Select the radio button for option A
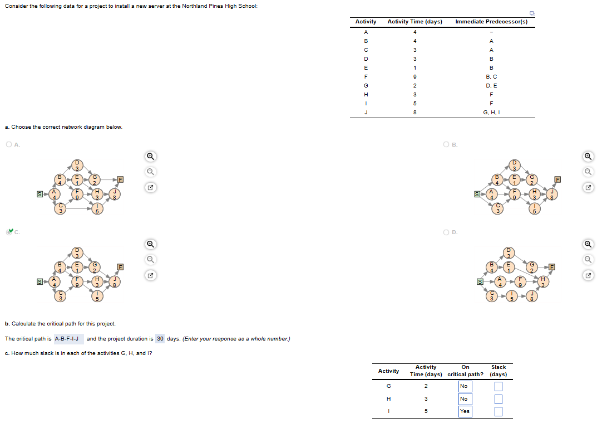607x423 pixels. coord(9,145)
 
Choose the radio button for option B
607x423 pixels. coord(447,145)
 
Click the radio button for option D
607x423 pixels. coord(447,232)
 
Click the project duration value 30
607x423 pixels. coord(160,339)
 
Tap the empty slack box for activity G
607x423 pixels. coord(499,386)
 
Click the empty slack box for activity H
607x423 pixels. coord(499,399)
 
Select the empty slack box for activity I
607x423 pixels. coord(499,411)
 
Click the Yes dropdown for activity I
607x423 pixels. coord(465,411)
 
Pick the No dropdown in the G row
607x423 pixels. coord(465,386)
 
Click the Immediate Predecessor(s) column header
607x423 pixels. coord(491,22)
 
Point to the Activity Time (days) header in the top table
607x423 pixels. coord(414,22)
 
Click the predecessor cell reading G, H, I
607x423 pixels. coord(491,113)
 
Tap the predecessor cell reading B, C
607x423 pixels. coord(491,76)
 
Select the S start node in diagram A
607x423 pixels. coord(38,194)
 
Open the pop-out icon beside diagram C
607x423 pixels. coord(150,275)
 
